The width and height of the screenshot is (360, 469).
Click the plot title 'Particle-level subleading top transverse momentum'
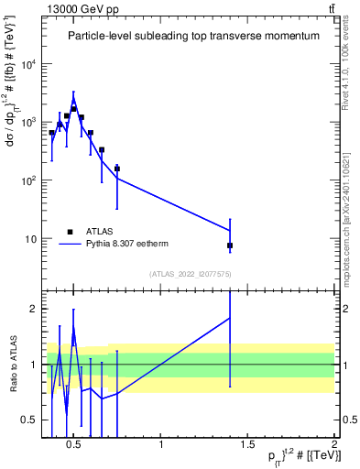[193, 36]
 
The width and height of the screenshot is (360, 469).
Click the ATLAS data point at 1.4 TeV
[230, 245]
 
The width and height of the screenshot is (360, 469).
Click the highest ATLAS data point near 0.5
[74, 108]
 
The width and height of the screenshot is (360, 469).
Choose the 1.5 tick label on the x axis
[247, 446]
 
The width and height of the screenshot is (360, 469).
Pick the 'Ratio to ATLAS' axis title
[12, 365]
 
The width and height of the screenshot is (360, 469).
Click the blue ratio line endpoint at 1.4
[230, 317]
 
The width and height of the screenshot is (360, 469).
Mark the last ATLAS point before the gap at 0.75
[117, 169]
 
